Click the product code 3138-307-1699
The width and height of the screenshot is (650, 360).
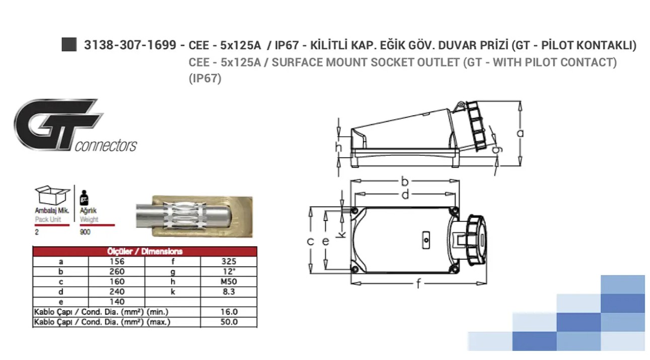[x=130, y=45]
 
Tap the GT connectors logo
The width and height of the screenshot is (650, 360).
[x=75, y=125]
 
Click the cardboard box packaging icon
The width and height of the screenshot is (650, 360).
[x=52, y=195]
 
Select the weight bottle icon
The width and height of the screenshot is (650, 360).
[x=84, y=198]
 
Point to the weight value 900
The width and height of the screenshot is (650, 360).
[x=85, y=232]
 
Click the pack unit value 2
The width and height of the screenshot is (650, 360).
[x=37, y=232]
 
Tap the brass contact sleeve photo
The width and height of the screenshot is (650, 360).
[x=194, y=217]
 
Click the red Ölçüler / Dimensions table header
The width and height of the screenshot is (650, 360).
[x=145, y=251]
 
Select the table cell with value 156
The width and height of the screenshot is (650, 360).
[x=117, y=261]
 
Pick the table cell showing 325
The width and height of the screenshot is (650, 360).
[x=229, y=261]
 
